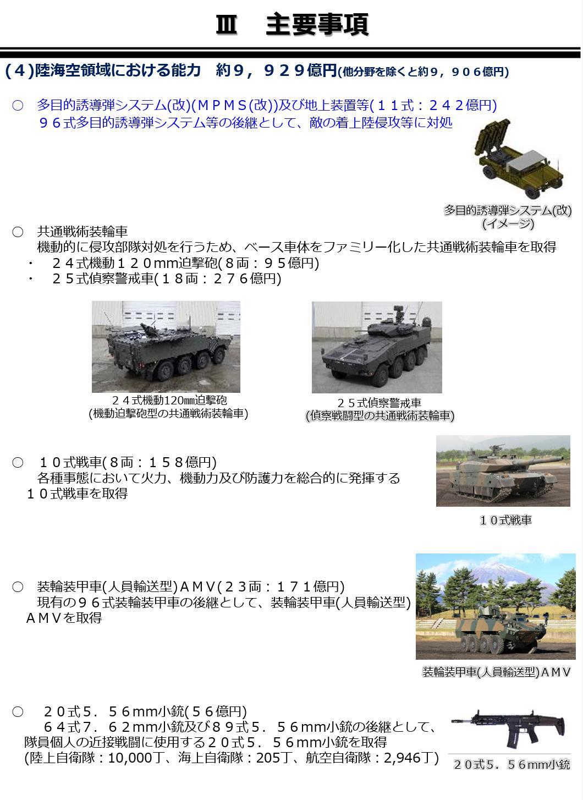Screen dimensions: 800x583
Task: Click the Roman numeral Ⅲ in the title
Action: [x=226, y=25]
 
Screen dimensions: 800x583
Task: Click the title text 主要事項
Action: [x=317, y=25]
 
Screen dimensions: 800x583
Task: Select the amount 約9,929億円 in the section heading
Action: [x=276, y=70]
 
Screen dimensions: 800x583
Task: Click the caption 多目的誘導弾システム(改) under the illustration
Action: [x=507, y=210]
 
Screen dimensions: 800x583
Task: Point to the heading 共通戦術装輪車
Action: [x=82, y=231]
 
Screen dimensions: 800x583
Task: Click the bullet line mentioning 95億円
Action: [x=185, y=263]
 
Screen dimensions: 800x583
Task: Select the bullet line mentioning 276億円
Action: [x=166, y=279]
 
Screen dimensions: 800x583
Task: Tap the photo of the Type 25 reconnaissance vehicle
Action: [x=377, y=347]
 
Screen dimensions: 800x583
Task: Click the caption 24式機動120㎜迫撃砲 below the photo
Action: [x=169, y=401]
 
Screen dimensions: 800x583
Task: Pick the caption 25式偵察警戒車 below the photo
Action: [x=380, y=403]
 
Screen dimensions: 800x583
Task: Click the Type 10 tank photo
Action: [x=503, y=471]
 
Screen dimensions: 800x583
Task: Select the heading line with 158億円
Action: [x=128, y=462]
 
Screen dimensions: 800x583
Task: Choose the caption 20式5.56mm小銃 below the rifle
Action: [x=512, y=765]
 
